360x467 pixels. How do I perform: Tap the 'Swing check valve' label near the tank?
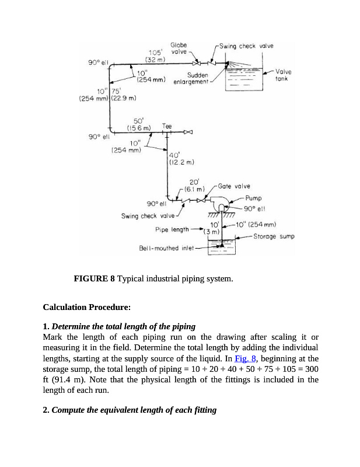[246, 46]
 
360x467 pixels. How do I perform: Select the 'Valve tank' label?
[284, 75]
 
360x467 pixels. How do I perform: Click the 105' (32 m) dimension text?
[153, 55]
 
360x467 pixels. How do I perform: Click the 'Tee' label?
[167, 124]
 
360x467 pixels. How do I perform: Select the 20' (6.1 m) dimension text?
[194, 185]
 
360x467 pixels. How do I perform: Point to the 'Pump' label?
[254, 198]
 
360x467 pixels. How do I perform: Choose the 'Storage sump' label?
[274, 236]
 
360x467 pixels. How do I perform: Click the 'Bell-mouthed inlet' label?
[166, 248]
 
